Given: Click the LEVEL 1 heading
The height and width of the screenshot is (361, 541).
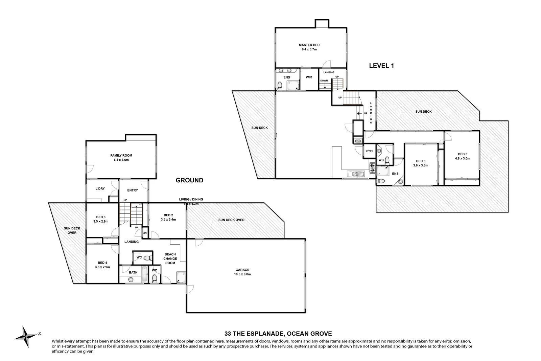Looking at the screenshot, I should (381, 66).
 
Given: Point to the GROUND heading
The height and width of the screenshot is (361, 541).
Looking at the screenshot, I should (189, 180).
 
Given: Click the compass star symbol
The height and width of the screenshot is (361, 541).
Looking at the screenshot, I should (26, 336).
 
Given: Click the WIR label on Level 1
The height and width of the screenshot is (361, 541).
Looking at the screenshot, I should (309, 77).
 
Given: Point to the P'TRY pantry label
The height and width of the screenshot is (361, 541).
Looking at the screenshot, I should (370, 151).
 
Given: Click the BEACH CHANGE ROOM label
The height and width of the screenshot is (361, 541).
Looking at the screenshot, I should (170, 258).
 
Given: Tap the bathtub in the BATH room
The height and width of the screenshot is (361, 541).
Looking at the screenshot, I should (144, 275).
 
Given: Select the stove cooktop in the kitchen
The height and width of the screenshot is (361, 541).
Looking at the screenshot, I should (372, 166).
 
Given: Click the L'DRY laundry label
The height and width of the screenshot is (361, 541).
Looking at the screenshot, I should (100, 188).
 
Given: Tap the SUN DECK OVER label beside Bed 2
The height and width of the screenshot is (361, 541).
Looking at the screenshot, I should (231, 220).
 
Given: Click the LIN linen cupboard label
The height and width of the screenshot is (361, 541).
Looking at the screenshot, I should (144, 233).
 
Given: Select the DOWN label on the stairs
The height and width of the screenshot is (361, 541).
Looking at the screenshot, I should (324, 81).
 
